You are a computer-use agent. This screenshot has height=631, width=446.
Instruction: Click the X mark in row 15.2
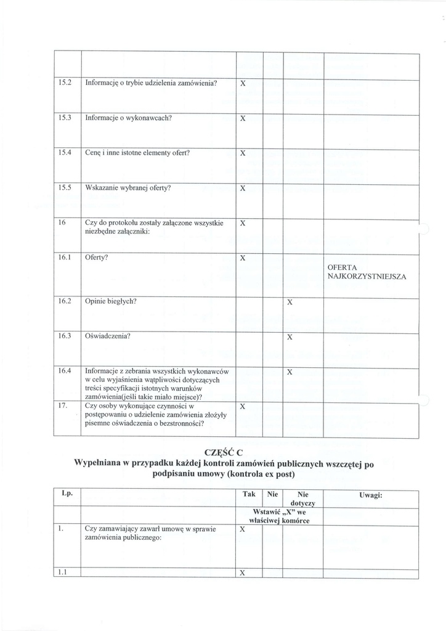[x=243, y=83]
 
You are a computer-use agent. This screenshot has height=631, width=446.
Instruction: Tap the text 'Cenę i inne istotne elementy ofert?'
[x=137, y=152]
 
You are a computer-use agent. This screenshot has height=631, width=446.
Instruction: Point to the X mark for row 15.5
[x=243, y=188]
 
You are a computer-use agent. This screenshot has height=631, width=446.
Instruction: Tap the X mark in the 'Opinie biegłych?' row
[x=290, y=303]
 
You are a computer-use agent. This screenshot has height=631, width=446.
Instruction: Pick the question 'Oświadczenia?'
[x=108, y=336]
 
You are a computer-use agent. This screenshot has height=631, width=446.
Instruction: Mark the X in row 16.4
[x=290, y=372]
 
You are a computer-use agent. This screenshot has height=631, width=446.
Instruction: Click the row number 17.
[x=62, y=406]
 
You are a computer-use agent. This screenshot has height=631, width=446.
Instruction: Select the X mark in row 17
[x=243, y=407]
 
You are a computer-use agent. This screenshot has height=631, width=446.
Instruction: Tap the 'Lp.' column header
[x=67, y=494]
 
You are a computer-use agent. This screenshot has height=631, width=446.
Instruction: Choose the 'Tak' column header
[x=249, y=494]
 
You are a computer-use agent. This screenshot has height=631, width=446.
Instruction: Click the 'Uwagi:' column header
[x=371, y=495]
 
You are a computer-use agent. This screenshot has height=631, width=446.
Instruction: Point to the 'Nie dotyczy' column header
[x=302, y=499]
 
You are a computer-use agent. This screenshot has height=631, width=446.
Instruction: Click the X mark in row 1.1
[x=243, y=573]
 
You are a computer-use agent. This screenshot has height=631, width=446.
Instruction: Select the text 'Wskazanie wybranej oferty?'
[x=128, y=187]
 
